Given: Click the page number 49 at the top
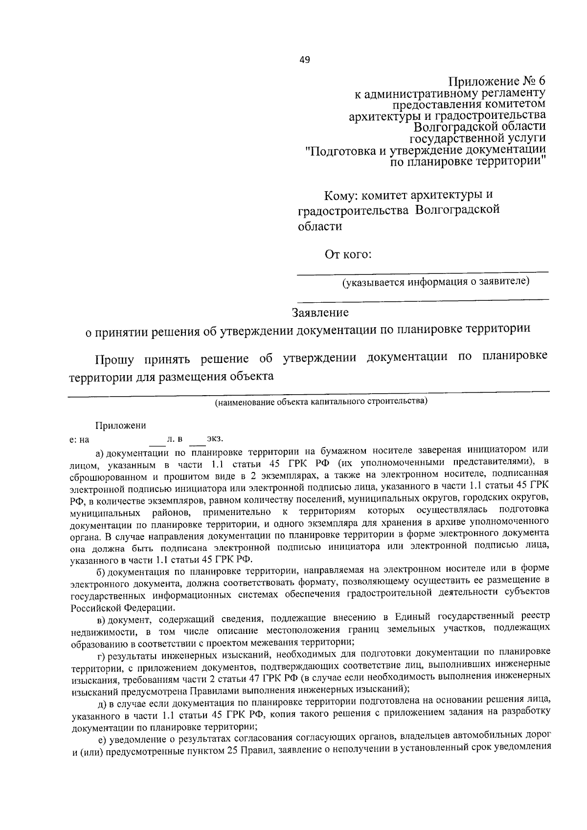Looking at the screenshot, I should point(304,60).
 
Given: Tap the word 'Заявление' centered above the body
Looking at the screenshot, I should point(320,312).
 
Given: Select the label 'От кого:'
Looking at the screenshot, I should point(348,254).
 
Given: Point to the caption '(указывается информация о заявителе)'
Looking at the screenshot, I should point(435,282).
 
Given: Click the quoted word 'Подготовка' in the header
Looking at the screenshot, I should point(340,151).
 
